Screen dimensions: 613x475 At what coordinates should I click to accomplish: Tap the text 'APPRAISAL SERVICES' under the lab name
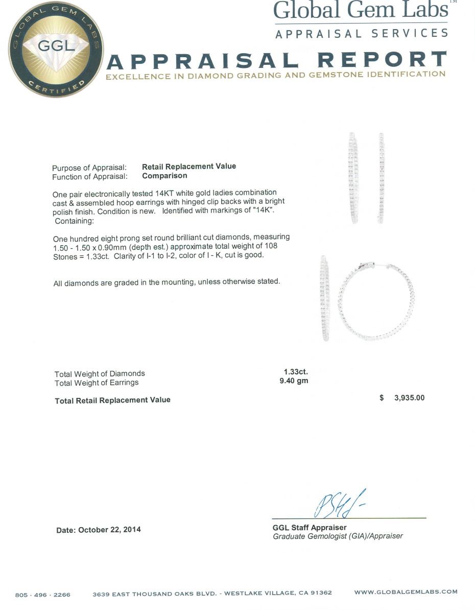361,34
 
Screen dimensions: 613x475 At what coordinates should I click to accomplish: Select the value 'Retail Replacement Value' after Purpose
189,166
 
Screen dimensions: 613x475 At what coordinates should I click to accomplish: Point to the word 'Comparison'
164,175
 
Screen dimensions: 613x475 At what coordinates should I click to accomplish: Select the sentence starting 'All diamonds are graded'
167,282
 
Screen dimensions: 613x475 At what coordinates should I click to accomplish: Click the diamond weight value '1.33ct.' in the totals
296,372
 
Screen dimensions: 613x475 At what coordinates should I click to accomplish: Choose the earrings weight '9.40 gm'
294,381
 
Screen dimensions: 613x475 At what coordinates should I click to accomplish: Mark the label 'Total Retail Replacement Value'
112,400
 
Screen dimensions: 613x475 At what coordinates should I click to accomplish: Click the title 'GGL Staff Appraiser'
310,527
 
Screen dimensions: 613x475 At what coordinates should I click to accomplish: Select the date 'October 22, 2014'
109,530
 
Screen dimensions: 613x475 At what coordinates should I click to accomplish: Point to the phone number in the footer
43,594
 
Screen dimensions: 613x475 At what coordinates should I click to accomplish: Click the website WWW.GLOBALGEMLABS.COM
406,592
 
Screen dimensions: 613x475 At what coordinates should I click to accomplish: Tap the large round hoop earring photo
376,302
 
